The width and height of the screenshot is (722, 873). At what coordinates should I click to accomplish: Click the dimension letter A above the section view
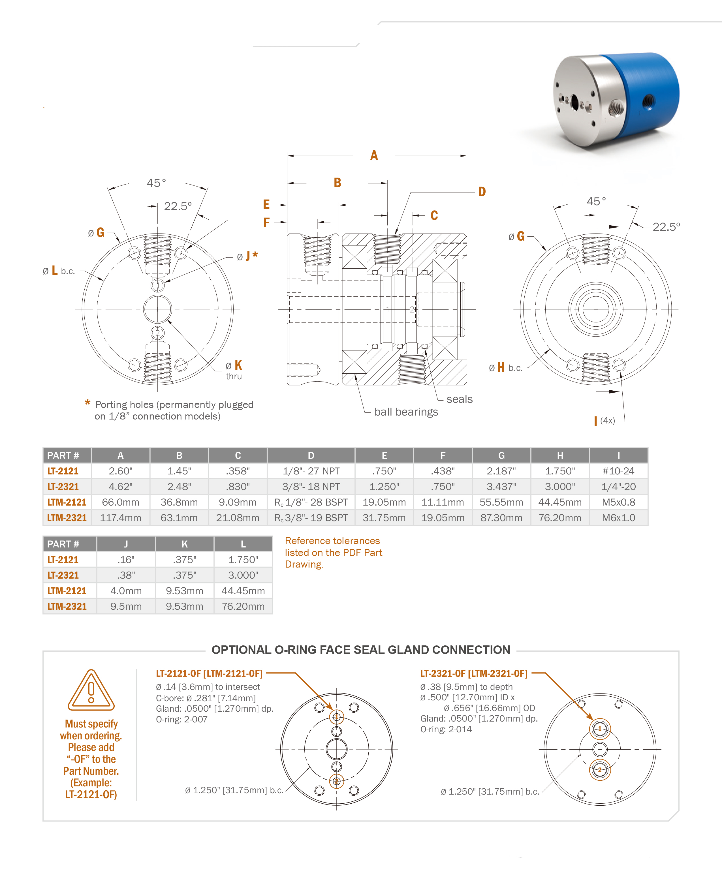374,155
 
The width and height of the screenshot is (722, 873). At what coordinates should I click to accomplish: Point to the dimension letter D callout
482,192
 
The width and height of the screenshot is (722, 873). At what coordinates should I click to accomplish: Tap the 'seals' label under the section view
459,399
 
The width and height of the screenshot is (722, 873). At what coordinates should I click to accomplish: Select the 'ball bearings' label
406,412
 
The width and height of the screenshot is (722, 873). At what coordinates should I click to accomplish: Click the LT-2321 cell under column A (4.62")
120,486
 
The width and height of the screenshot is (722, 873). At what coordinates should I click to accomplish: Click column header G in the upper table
501,456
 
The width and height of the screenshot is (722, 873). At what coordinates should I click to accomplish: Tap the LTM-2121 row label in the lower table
67,591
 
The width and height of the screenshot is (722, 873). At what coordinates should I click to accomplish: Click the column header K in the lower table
184,544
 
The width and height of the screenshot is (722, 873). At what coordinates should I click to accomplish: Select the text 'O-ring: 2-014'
446,729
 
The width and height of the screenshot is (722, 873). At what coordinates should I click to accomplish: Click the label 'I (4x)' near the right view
604,421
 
